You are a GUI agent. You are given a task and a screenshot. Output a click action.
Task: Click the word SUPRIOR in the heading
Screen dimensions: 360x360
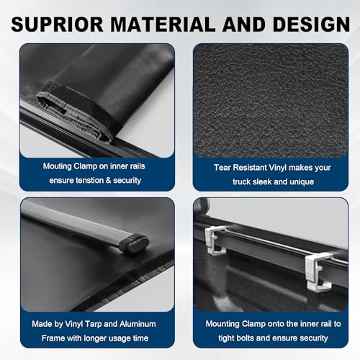[57, 24]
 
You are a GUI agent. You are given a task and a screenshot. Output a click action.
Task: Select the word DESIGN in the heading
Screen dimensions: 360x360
[311, 24]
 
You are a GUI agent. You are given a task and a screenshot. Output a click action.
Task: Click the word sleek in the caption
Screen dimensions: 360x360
[261, 181]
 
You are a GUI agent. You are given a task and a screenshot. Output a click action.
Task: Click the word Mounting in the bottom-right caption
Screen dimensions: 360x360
[222, 324]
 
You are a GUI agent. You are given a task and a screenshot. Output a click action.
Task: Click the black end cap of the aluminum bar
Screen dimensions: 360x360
[135, 243]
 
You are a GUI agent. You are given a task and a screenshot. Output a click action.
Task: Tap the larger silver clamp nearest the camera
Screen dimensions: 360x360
[319, 271]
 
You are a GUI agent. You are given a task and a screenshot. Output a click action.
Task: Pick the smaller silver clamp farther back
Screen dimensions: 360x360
[215, 240]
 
